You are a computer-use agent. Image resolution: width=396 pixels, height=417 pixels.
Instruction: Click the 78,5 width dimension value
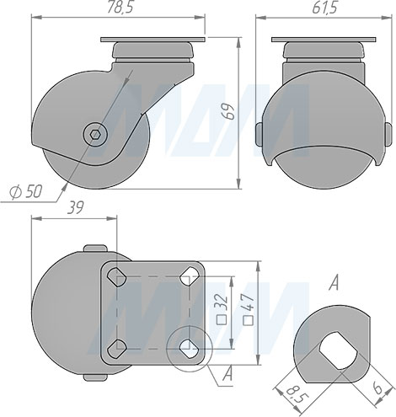click(x=119, y=8)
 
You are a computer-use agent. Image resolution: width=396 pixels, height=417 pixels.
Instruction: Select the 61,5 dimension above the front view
click(x=324, y=8)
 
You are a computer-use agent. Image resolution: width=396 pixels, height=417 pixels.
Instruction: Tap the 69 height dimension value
click(x=229, y=112)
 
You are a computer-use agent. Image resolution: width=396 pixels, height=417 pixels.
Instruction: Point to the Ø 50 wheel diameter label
click(x=26, y=191)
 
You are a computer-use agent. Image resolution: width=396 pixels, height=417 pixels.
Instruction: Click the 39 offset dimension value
click(x=76, y=208)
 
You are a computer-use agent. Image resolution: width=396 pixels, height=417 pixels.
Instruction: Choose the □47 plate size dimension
click(x=249, y=309)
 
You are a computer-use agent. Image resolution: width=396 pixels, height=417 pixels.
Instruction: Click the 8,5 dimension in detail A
click(x=298, y=398)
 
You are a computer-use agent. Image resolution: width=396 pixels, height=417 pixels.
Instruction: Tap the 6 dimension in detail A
click(x=377, y=388)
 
